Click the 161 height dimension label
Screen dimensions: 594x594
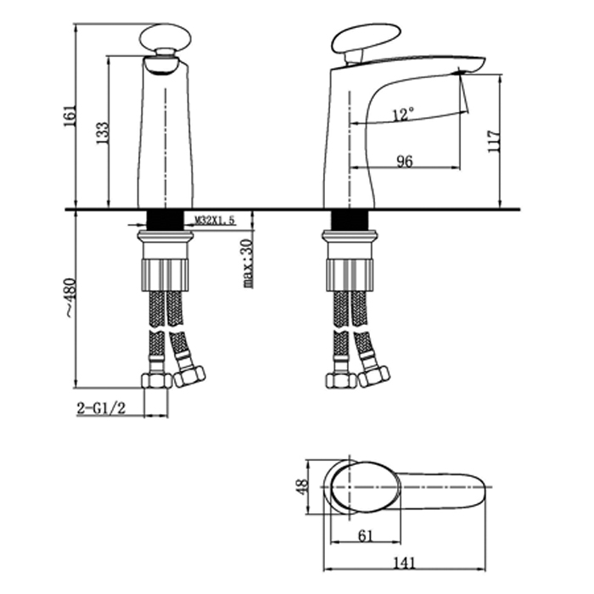pos(70,115)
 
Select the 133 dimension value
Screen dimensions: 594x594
pos(103,132)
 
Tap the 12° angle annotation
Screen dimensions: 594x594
pos(403,114)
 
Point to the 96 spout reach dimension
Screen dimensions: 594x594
pos(405,161)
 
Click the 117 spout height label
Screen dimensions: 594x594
pos(494,142)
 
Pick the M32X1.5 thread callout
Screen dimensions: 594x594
pos(215,220)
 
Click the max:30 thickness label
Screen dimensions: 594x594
pos(248,263)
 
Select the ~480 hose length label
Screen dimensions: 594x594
pos(70,298)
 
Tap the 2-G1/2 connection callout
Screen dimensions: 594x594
pos(101,408)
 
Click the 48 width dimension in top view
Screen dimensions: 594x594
pos(302,487)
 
